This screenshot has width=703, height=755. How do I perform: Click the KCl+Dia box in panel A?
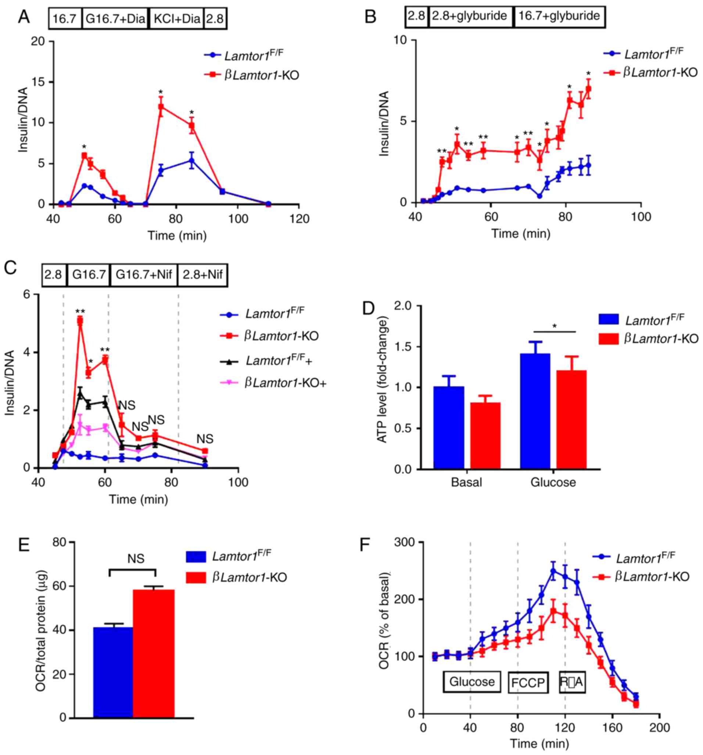point(177,18)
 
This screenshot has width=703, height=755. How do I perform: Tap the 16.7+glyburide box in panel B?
point(559,16)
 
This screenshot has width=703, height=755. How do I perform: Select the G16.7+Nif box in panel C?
point(144,274)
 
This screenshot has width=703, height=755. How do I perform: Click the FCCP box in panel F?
point(528,683)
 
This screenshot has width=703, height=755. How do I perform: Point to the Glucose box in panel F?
point(472,682)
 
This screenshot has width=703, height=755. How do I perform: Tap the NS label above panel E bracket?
point(136,558)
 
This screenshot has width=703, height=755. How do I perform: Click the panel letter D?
point(368,308)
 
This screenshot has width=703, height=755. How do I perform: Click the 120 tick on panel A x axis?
point(299,219)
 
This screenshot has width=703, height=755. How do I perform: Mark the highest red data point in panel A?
point(161,107)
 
